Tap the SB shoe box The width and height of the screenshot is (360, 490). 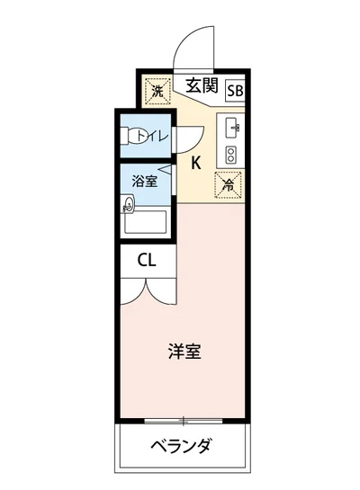click(235, 90)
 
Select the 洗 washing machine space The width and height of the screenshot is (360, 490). click(157, 90)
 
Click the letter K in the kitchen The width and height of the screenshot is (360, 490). click(195, 164)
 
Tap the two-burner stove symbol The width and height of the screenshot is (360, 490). click(230, 153)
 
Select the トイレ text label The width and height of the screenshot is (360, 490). click(153, 137)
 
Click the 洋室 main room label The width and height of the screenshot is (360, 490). click(184, 351)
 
